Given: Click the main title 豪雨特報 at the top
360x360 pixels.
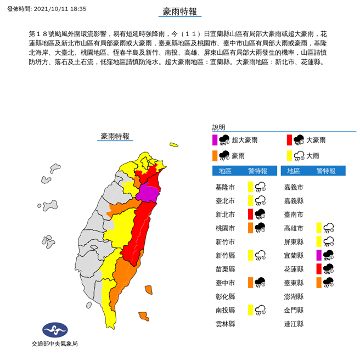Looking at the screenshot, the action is point(179,11).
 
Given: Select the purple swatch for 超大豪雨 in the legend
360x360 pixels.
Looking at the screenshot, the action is point(216,140).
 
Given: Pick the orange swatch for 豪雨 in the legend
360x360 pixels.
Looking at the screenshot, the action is point(216,155).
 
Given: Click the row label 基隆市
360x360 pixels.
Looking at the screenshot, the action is point(225,187).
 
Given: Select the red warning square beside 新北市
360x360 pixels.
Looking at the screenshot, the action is point(250,213).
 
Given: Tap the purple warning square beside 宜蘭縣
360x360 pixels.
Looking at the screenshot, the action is point(319,255).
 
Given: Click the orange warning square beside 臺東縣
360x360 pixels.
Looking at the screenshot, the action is point(319,282).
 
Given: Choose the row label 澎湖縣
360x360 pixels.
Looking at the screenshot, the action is point(294,296).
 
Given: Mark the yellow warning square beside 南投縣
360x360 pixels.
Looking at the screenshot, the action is point(250,310).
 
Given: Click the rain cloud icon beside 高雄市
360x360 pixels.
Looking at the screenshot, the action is point(329,228).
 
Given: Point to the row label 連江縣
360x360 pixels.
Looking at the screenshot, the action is point(294,324).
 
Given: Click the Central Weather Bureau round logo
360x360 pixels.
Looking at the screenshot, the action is point(54,330).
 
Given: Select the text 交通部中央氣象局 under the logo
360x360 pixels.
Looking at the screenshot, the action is point(54,344).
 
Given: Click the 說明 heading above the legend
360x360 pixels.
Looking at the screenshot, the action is point(219,127).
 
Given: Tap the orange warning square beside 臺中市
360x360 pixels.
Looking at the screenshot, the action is point(250,282).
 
